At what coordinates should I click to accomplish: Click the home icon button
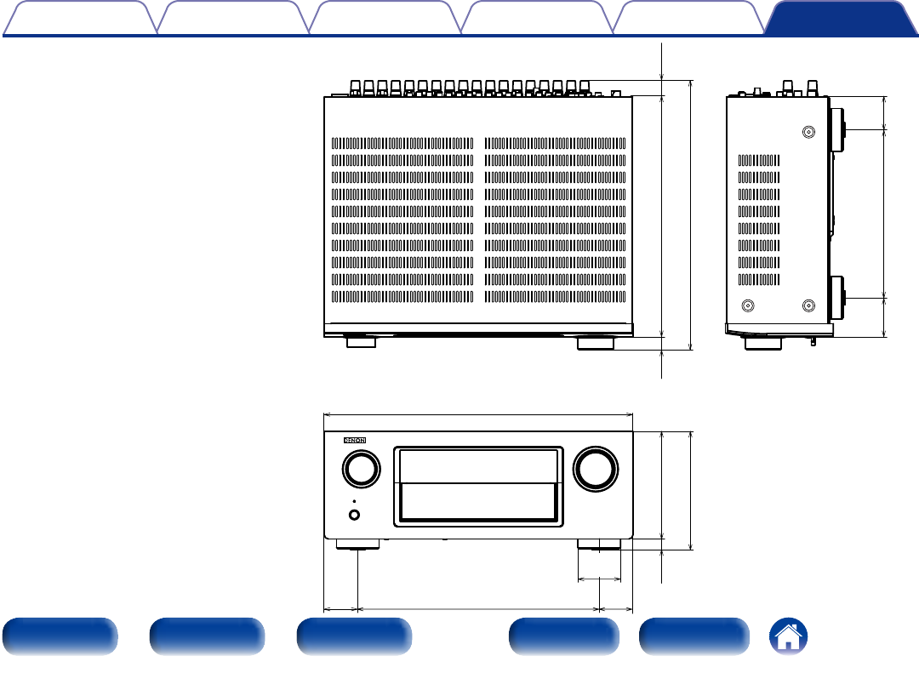tap(789, 636)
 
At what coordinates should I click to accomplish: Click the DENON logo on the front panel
tap(353, 441)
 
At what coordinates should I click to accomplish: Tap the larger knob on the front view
tap(596, 468)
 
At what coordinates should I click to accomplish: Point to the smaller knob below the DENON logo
tap(360, 469)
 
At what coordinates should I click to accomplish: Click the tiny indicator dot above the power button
tap(353, 501)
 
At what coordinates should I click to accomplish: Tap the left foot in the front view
tap(357, 545)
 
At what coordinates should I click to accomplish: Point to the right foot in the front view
tap(599, 545)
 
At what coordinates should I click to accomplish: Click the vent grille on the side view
tap(758, 219)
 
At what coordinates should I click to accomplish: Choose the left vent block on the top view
tap(402, 220)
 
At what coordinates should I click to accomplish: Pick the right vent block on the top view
tap(555, 220)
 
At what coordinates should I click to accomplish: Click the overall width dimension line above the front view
tap(478, 414)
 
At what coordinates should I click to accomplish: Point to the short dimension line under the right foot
tap(599, 579)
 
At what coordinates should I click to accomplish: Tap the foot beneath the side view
tap(763, 343)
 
